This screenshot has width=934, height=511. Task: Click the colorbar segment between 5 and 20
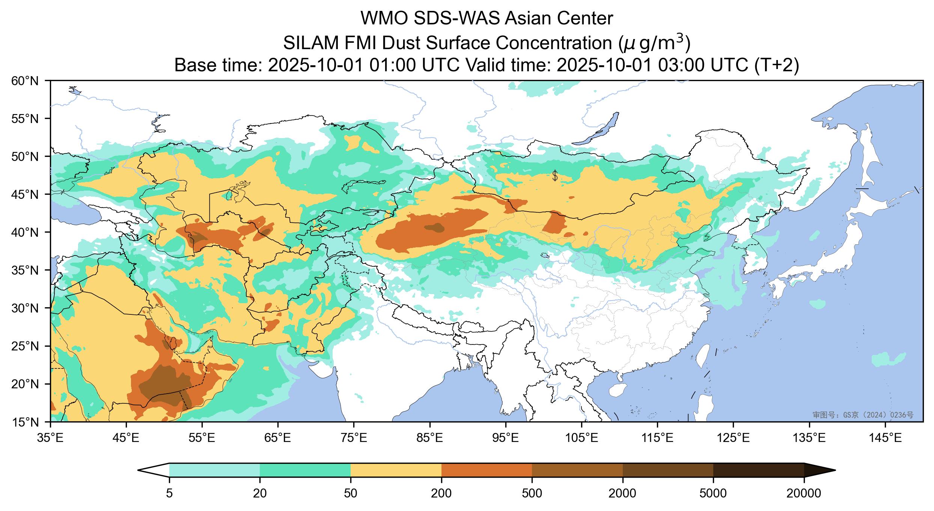(214, 470)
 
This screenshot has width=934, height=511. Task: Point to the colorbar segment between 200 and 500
(487, 470)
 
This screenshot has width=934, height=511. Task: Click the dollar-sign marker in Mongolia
(555, 175)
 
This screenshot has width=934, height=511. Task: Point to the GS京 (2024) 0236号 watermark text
(863, 415)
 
